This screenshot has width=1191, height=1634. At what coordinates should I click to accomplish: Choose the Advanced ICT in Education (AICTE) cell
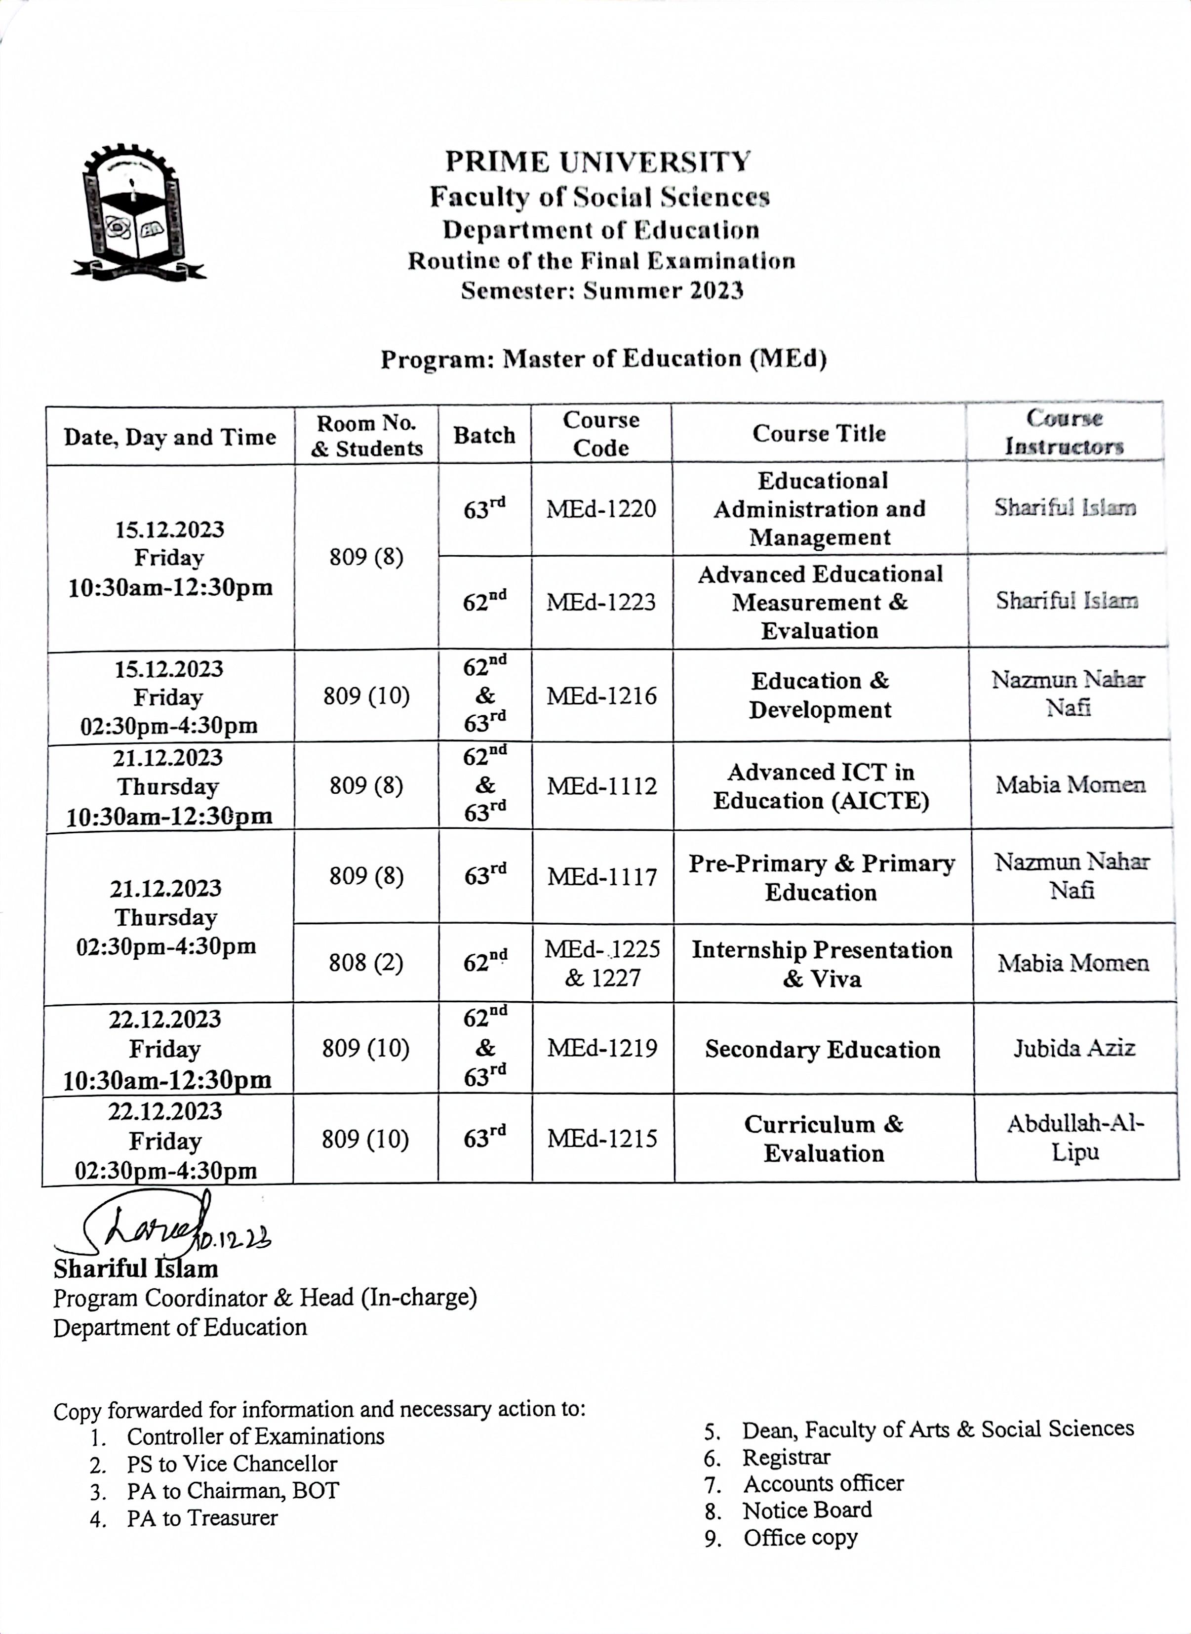821,786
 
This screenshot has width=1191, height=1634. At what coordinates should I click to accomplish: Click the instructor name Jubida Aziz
1073,1048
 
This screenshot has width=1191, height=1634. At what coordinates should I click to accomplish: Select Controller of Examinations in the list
255,1436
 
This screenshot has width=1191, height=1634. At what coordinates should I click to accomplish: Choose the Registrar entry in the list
786,1457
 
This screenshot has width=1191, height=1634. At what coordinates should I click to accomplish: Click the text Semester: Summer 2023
602,290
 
